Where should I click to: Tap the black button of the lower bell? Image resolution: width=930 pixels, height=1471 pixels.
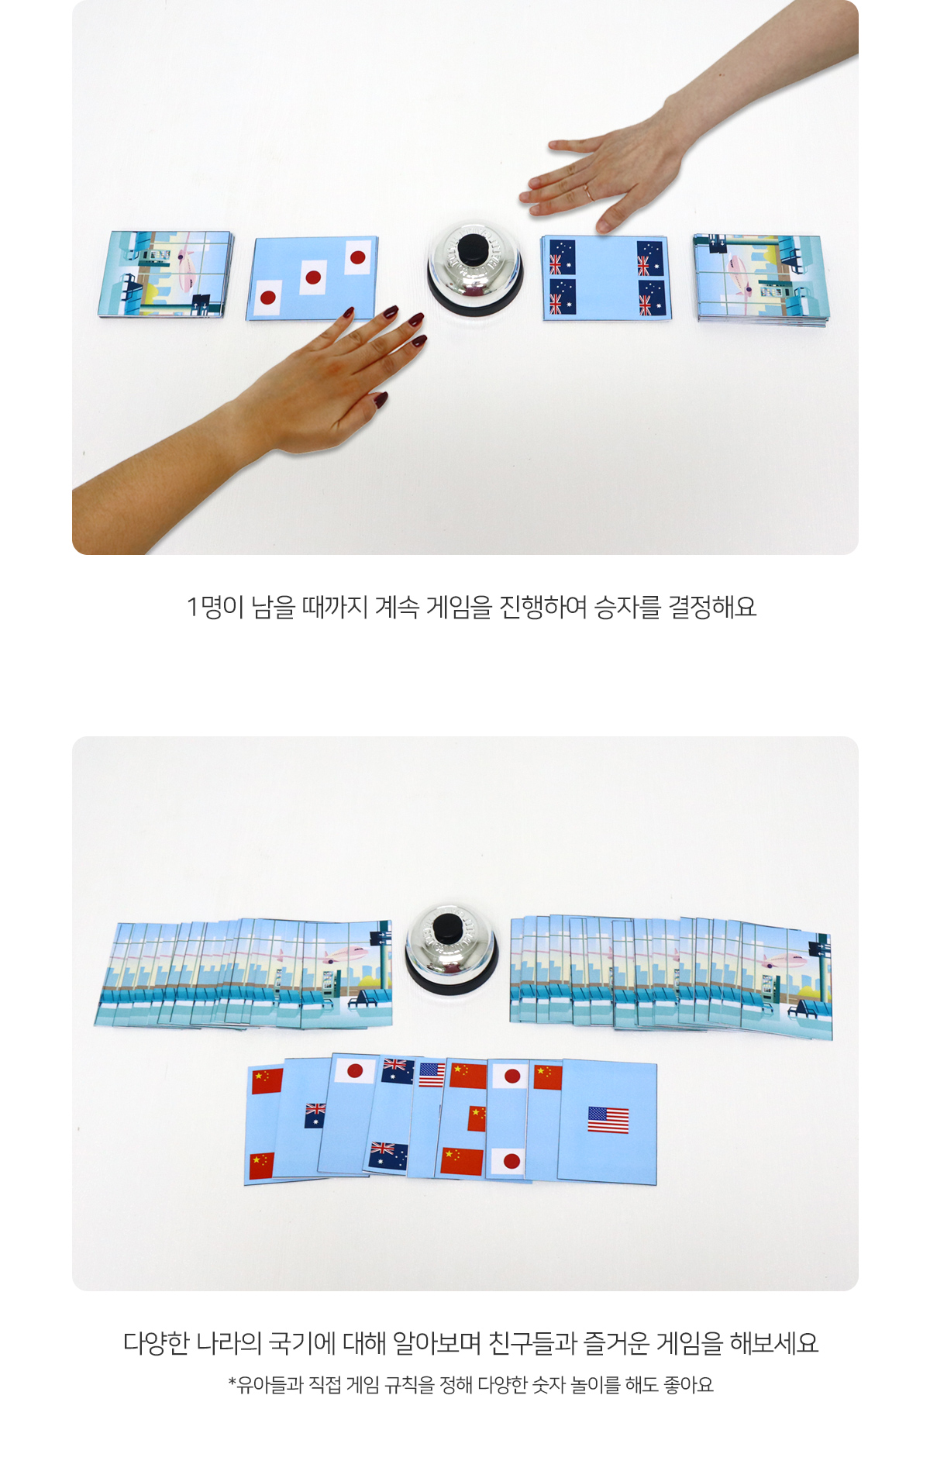446,929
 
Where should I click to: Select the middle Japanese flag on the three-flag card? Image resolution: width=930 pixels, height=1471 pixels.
312,277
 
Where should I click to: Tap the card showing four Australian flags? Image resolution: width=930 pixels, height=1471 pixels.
606,278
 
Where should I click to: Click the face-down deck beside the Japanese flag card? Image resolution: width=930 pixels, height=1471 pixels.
165,274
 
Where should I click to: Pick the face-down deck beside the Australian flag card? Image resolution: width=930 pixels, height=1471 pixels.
760,280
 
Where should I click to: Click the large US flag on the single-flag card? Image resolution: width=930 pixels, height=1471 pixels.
608,1120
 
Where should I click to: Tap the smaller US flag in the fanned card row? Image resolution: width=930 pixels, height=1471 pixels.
432,1075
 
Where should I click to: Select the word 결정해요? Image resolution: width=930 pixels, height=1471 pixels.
712,607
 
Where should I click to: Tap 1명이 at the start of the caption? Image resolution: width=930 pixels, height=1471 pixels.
215,607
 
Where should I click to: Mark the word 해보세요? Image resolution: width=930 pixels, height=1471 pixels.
774,1343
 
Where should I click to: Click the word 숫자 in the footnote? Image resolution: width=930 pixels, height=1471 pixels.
549,1385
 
